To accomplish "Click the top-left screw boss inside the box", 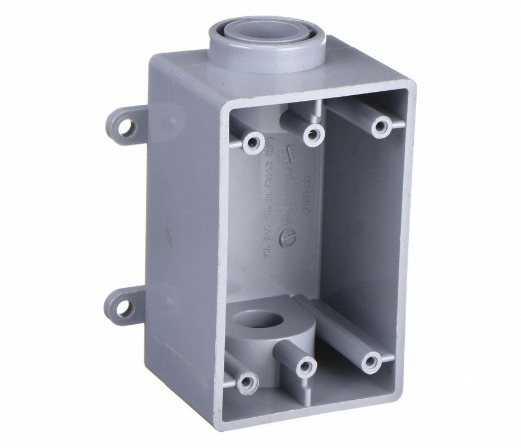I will [x=250, y=142].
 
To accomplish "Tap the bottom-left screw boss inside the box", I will [x=245, y=382].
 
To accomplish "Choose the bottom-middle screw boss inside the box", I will [x=306, y=367].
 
